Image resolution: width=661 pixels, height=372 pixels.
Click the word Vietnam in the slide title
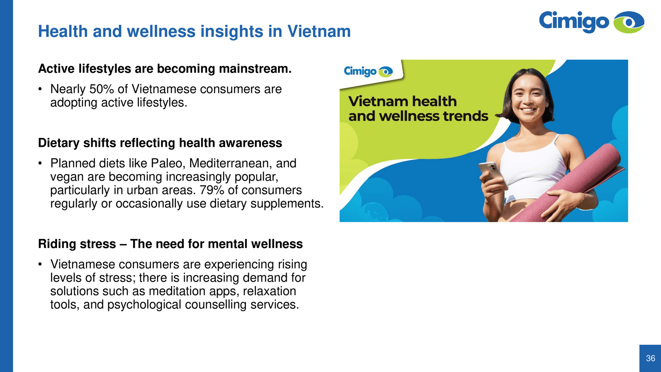[x=319, y=31]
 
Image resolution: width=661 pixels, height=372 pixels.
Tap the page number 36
[x=651, y=358]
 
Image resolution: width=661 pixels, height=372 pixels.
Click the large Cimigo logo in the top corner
[x=591, y=22]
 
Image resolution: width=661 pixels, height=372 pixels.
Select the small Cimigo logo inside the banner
[x=368, y=71]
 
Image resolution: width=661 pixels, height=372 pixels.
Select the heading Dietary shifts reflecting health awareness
[x=160, y=143]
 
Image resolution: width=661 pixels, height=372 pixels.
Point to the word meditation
[x=177, y=291]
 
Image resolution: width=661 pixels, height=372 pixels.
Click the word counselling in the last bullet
[x=216, y=305]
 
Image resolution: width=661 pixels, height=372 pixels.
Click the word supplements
[x=287, y=204]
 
